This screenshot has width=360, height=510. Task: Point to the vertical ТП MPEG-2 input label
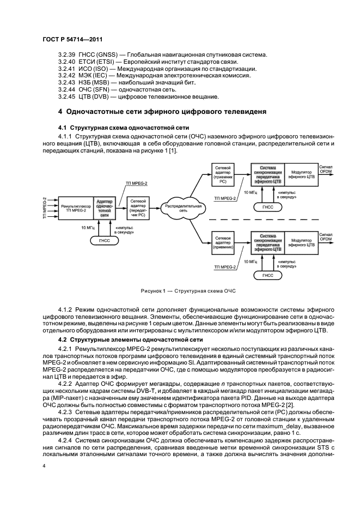[x=45, y=207]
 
